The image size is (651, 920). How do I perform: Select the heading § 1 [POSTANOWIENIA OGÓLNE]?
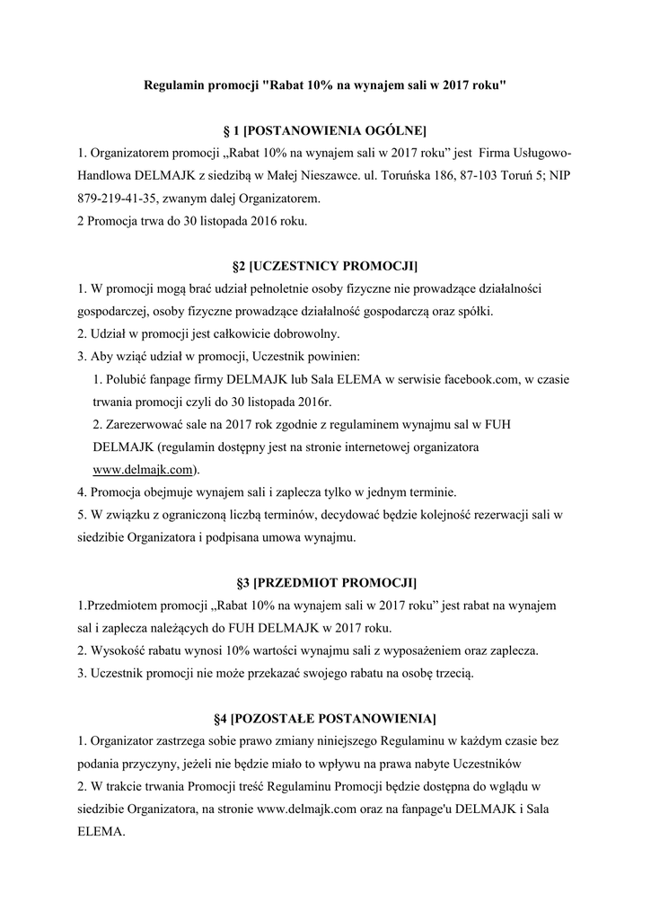tap(325, 130)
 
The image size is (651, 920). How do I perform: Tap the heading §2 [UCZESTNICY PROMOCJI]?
tap(325, 267)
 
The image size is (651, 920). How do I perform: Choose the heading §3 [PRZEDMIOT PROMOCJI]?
tap(325, 583)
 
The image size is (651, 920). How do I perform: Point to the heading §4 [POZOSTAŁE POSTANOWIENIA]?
tap(325, 719)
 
